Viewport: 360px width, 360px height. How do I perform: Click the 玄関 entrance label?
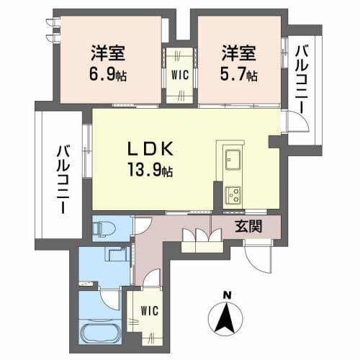tap(248, 227)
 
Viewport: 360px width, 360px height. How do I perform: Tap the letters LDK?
tap(150, 148)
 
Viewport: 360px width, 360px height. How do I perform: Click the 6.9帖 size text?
tap(109, 73)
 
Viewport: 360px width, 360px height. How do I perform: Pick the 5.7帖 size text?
tap(239, 73)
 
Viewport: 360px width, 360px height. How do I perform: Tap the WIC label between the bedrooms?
tap(180, 74)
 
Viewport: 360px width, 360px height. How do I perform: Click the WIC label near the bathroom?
tap(149, 311)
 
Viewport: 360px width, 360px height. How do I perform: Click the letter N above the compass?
tap(227, 294)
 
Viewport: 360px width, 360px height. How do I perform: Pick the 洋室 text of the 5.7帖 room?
tap(238, 53)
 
